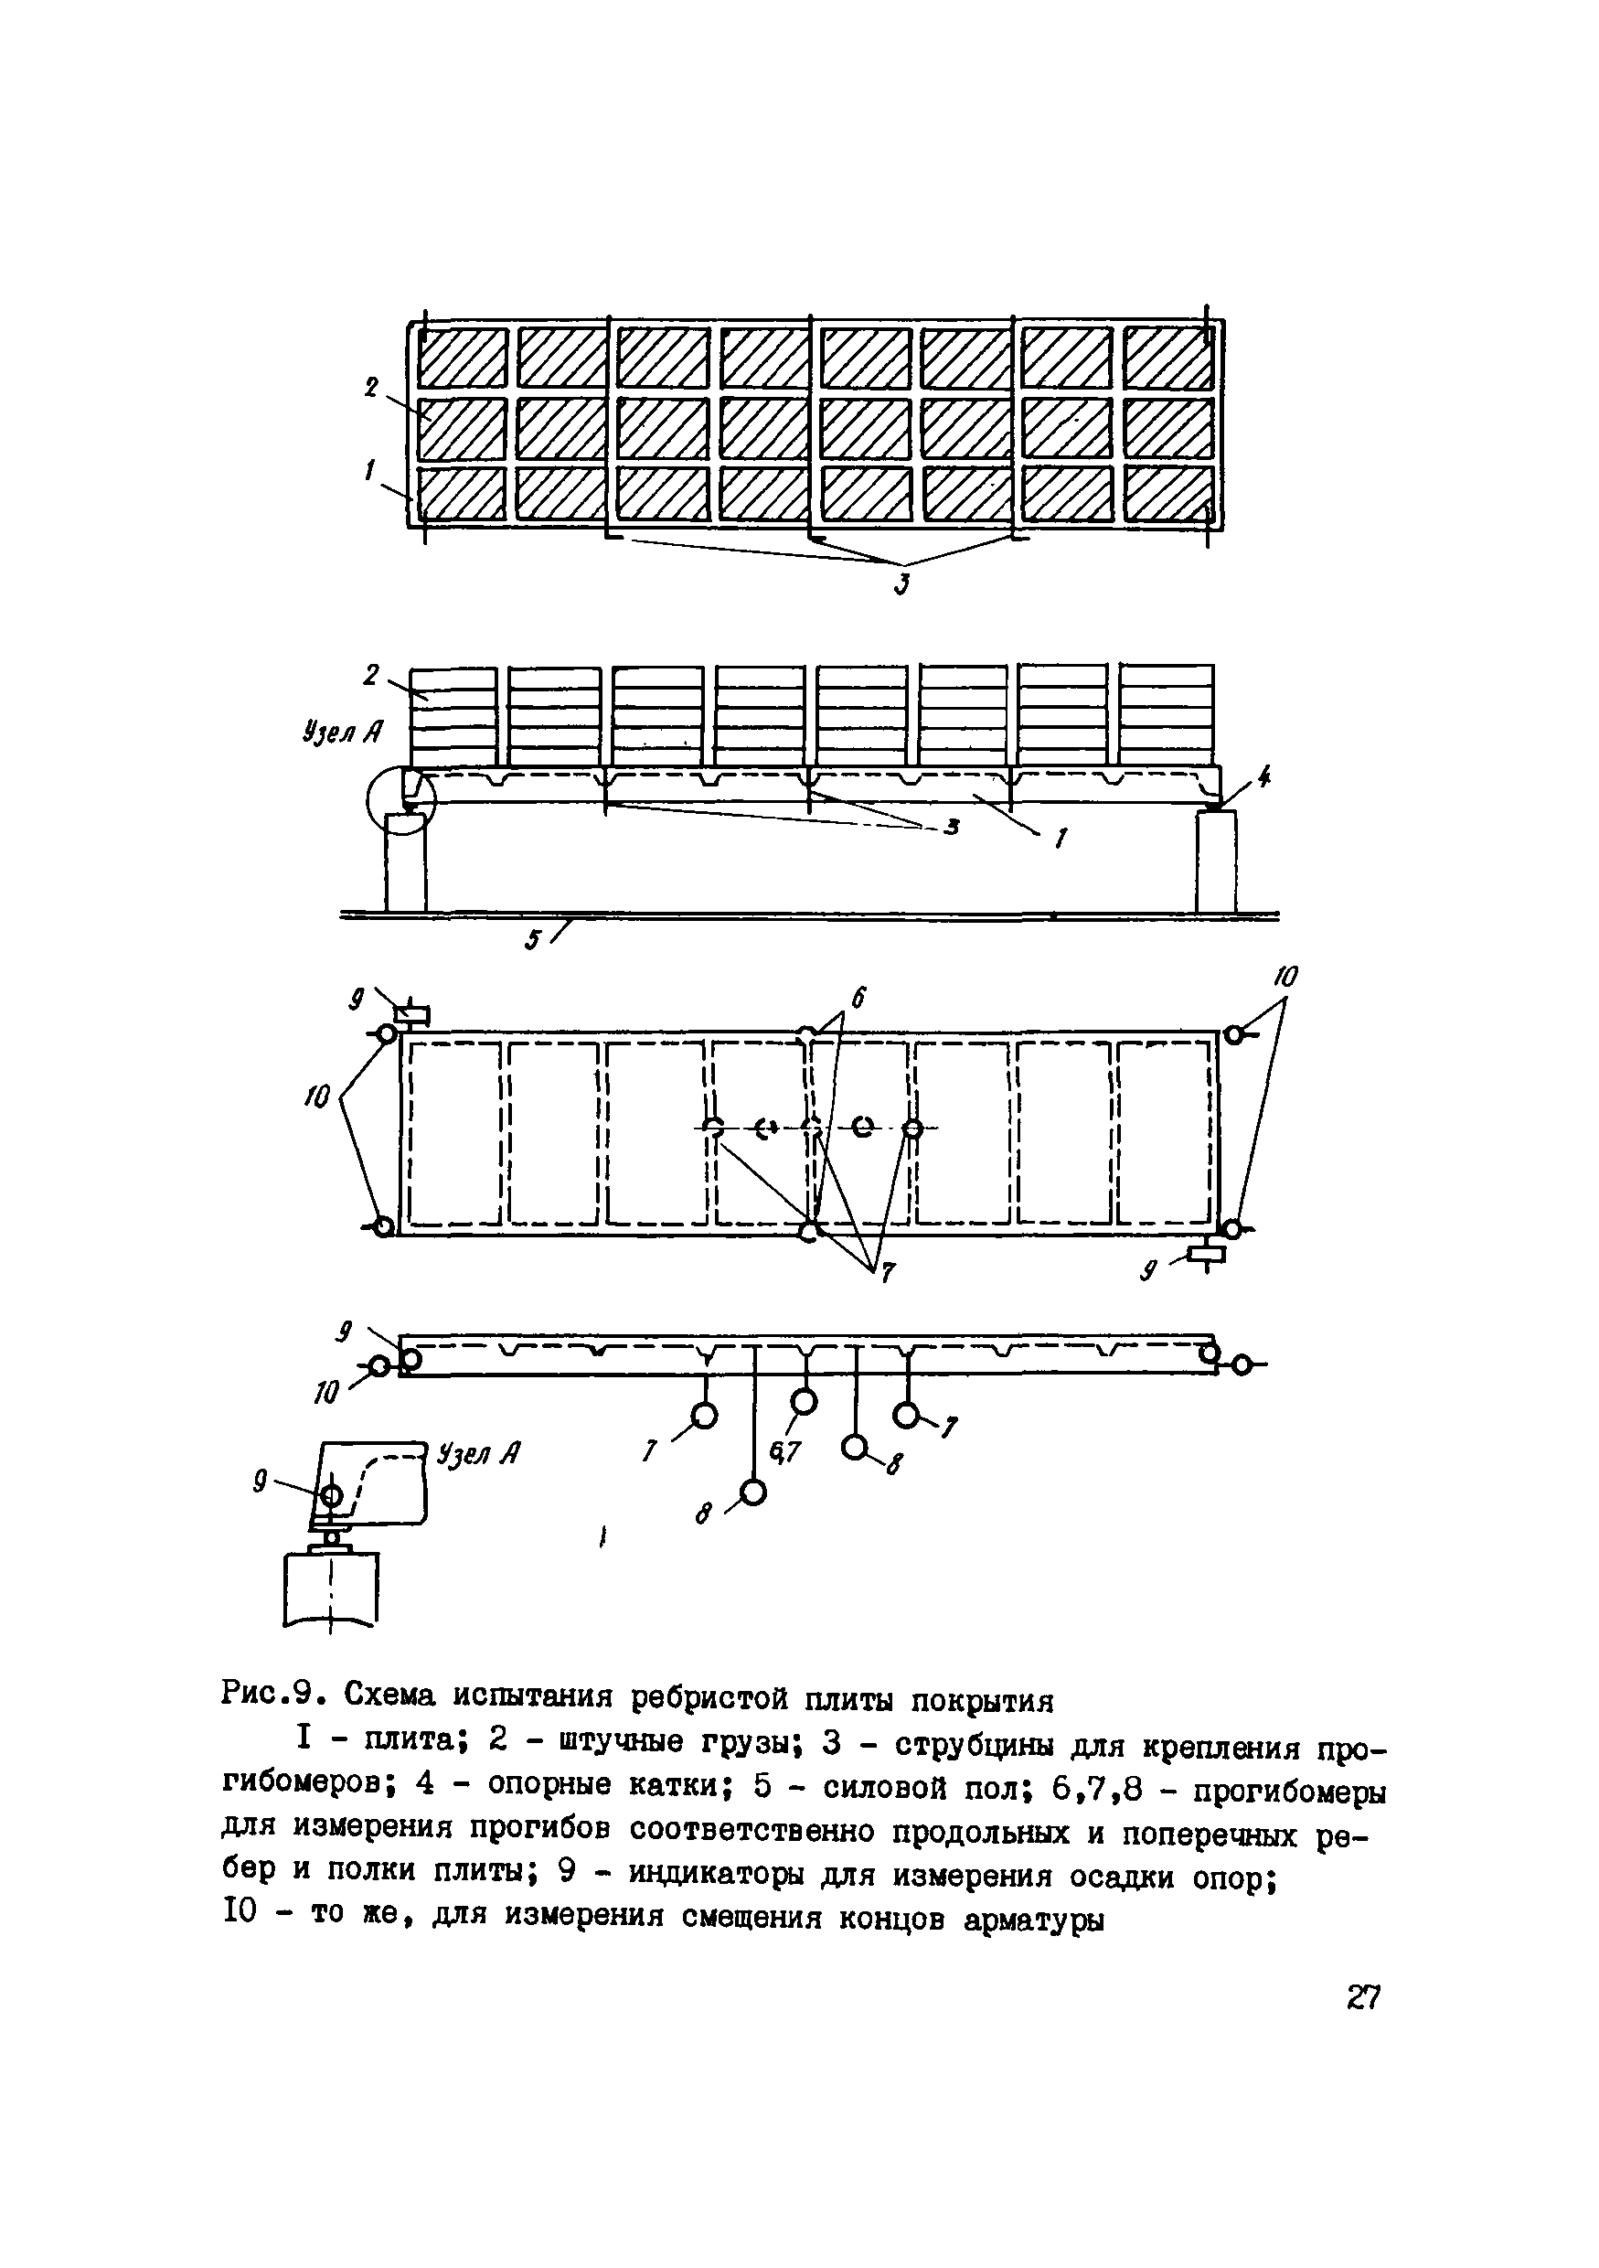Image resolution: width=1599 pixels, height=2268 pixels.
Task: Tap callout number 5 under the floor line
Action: tap(532, 939)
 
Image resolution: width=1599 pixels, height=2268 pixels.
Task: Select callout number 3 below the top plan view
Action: tap(901, 584)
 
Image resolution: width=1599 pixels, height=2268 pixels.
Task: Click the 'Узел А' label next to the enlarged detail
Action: tap(479, 1453)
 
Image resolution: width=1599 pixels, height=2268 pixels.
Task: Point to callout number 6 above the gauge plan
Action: tap(858, 999)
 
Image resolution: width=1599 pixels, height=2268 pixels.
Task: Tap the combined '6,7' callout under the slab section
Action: tap(786, 1451)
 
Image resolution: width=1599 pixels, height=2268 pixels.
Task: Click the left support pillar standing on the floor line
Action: tap(406, 862)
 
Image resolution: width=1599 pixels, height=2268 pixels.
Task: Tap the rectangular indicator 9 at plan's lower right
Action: tap(1207, 1255)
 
